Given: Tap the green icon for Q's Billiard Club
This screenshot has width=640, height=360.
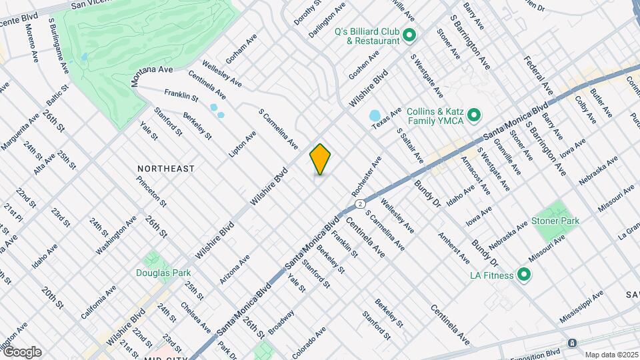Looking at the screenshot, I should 409,35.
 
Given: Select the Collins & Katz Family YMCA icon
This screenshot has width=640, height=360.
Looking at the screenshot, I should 474,117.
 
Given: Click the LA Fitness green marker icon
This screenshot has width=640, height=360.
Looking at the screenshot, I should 524,275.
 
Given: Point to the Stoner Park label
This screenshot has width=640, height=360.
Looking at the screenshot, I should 555,221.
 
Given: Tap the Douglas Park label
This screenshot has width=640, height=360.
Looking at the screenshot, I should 163,272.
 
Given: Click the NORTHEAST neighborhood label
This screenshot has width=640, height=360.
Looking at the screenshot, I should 166,169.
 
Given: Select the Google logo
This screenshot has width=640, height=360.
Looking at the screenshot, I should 22,351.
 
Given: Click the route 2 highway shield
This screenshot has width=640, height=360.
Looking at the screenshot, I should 360,203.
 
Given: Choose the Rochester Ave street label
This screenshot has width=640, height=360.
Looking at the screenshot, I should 367,176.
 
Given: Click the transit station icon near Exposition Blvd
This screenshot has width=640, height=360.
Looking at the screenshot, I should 572,343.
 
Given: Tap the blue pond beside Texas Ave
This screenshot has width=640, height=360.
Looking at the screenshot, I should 374,116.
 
